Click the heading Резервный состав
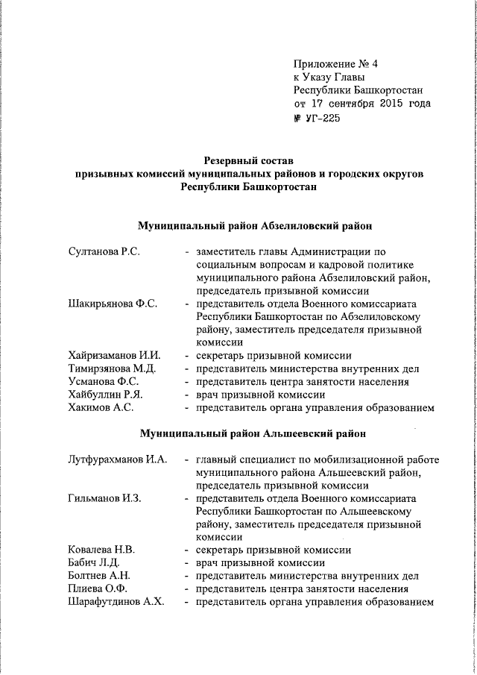point(250,160)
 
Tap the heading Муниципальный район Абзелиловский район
point(254,225)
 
